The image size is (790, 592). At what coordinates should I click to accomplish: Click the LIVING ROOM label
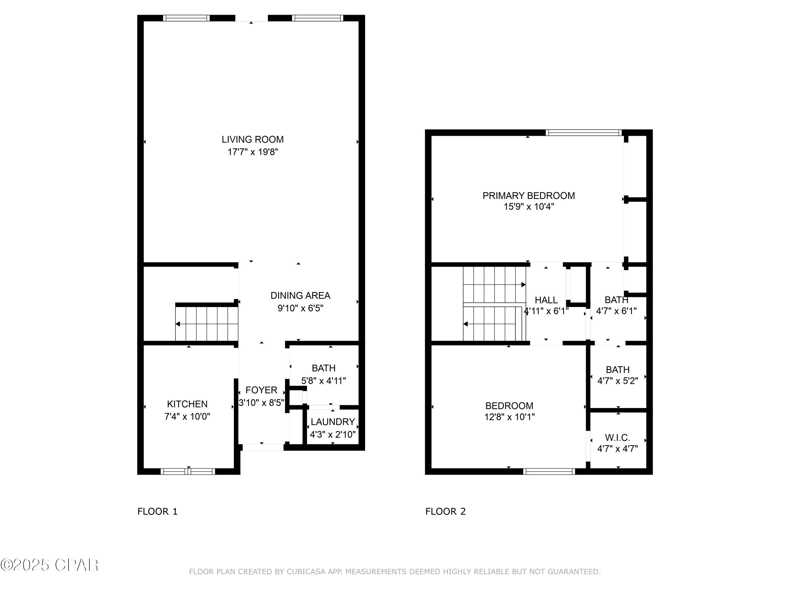(253, 139)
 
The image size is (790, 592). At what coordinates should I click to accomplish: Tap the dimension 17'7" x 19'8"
(253, 152)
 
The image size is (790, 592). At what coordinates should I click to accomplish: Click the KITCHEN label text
(187, 404)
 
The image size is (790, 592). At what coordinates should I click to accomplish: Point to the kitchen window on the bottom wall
(188, 471)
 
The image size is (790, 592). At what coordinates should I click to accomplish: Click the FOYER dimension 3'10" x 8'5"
(261, 403)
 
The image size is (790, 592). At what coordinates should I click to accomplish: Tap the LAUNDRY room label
(333, 422)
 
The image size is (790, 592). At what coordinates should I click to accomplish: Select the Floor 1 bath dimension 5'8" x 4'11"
(324, 381)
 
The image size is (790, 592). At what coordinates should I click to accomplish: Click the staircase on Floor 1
(206, 323)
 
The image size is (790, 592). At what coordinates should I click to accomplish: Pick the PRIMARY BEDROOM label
(529, 195)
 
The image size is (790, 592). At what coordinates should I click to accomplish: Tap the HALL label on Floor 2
(546, 300)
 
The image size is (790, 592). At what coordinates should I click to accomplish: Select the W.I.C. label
(618, 438)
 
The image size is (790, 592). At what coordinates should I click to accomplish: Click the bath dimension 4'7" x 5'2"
(618, 381)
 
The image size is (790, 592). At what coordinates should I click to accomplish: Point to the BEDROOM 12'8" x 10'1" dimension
(509, 417)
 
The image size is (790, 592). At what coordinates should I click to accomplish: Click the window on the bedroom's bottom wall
(549, 471)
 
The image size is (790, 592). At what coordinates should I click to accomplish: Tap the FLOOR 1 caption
(157, 511)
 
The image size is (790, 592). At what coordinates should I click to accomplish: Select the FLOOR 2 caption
(445, 511)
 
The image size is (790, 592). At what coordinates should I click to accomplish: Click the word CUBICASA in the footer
(306, 572)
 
